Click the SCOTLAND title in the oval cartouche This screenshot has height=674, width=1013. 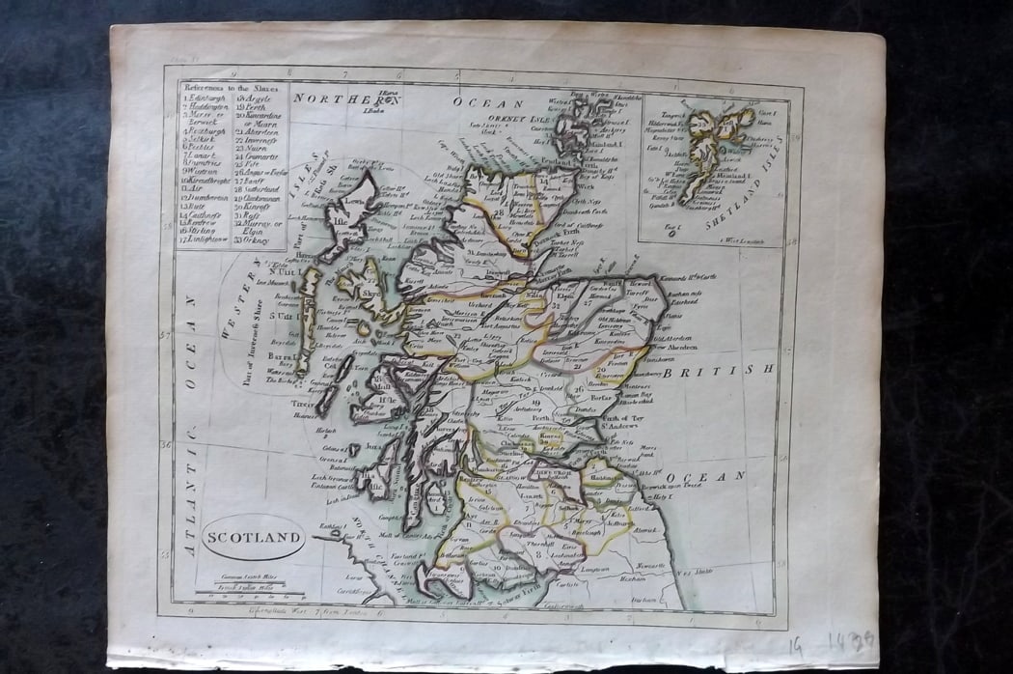point(253,536)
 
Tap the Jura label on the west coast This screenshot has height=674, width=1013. point(374,448)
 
